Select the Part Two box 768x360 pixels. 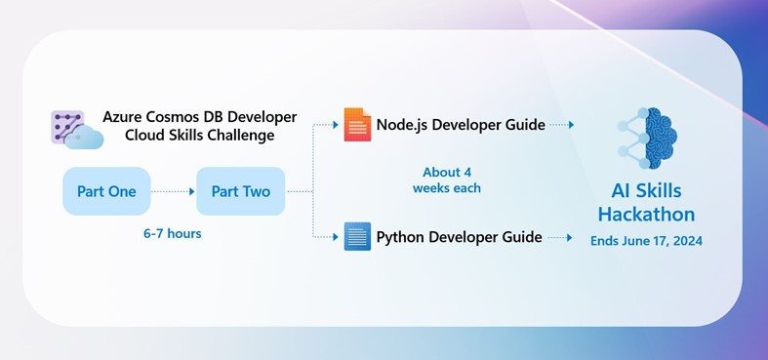[241, 191]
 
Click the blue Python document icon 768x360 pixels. [357, 236]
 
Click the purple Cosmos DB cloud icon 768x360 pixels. [76, 130]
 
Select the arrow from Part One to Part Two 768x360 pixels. [173, 191]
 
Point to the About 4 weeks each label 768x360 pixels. [447, 180]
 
